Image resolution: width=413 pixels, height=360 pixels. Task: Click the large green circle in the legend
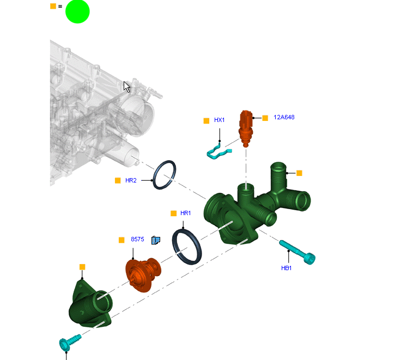pyautogui.click(x=77, y=11)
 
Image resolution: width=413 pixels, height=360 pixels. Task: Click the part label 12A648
pyautogui.click(x=284, y=117)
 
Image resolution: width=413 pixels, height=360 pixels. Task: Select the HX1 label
pyautogui.click(x=220, y=120)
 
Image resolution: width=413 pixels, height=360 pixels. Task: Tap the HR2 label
pyautogui.click(x=131, y=180)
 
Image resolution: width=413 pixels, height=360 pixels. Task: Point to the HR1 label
pyautogui.click(x=185, y=213)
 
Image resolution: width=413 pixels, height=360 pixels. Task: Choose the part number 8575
pyautogui.click(x=137, y=239)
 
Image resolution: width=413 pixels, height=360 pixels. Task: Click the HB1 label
pyautogui.click(x=286, y=268)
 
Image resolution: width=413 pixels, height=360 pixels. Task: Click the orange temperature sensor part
pyautogui.click(x=246, y=129)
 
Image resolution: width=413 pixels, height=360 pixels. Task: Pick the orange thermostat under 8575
pyautogui.click(x=143, y=274)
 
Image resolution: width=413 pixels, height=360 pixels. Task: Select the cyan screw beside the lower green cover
pyautogui.click(x=70, y=342)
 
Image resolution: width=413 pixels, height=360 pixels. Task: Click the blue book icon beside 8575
pyautogui.click(x=156, y=240)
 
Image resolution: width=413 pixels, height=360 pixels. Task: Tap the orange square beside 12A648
pyautogui.click(x=265, y=118)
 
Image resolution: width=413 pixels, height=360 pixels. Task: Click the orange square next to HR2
pyautogui.click(x=118, y=180)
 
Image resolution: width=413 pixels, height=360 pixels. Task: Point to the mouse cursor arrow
pyautogui.click(x=126, y=87)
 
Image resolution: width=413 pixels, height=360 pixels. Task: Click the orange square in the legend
pyautogui.click(x=53, y=6)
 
